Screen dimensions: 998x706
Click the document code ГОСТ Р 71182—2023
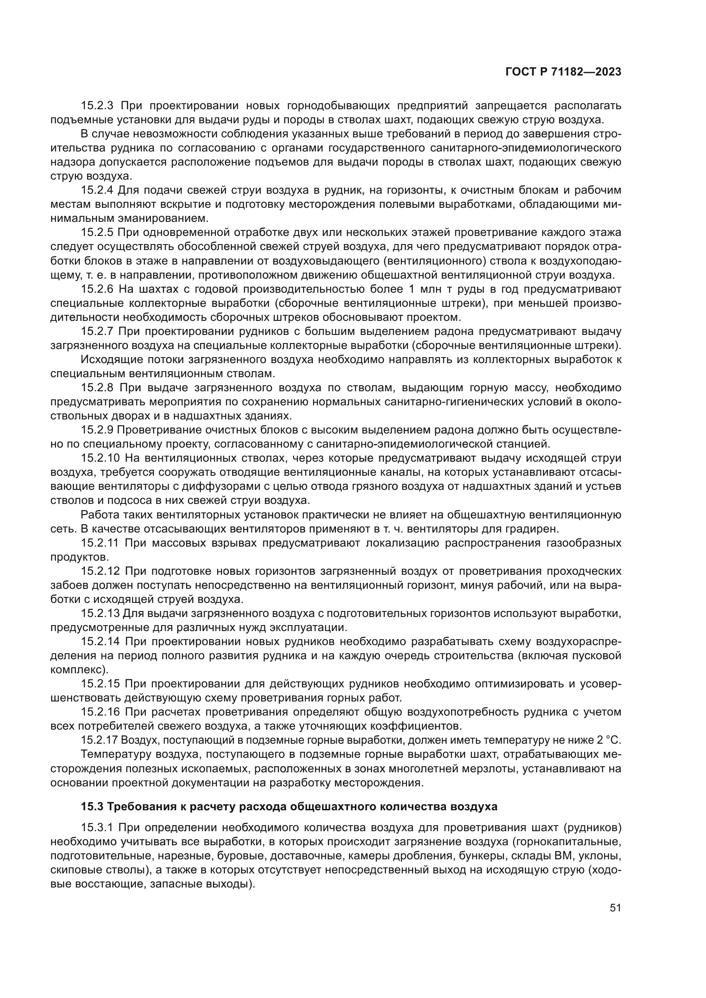pos(563,72)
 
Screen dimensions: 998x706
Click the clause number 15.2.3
pos(96,106)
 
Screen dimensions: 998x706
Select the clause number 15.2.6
pos(96,289)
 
